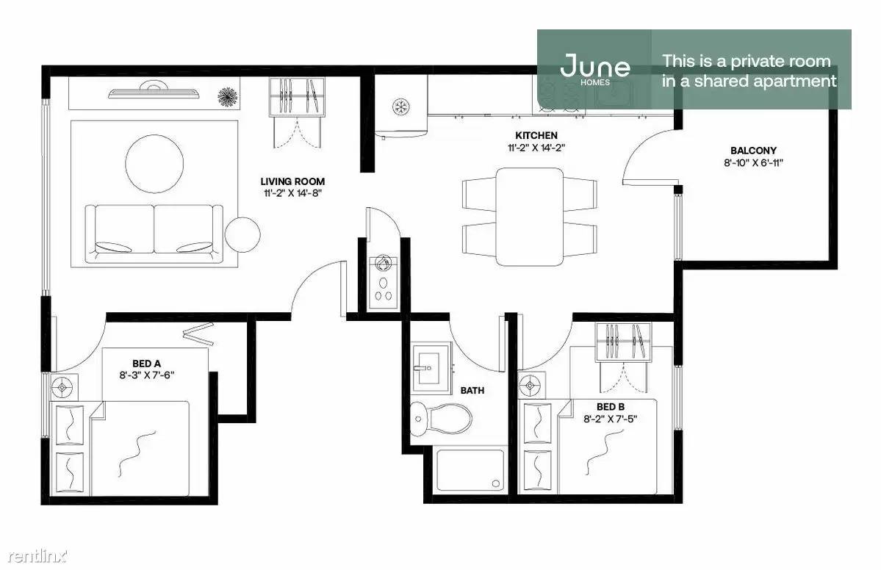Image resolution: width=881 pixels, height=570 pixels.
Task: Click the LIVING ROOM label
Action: [292, 181]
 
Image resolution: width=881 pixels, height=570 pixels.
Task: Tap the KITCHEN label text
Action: [536, 135]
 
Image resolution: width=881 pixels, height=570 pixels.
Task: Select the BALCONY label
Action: [753, 151]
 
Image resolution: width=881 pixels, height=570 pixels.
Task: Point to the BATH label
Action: [472, 390]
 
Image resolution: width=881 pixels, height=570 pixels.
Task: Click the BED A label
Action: [146, 364]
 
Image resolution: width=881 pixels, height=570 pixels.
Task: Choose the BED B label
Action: [610, 407]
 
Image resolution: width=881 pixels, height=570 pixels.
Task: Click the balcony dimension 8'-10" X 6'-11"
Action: [753, 163]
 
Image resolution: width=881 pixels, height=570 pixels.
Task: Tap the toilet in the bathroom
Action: [441, 419]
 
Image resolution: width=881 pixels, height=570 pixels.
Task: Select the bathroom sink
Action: [431, 369]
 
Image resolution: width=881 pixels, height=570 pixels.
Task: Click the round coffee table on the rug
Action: [154, 163]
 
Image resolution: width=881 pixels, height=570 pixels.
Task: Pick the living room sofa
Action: [154, 233]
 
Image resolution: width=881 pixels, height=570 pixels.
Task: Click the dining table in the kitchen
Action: [529, 217]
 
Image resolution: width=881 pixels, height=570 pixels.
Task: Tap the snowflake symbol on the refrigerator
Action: [400, 106]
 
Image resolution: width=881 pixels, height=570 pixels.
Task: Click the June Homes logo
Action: [595, 69]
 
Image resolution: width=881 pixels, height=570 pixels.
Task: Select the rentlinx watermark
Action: [37, 556]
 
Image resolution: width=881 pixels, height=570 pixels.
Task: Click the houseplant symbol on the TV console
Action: [228, 96]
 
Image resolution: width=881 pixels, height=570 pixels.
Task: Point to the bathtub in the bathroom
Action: [470, 470]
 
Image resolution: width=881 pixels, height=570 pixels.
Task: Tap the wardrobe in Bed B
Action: [623, 342]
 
